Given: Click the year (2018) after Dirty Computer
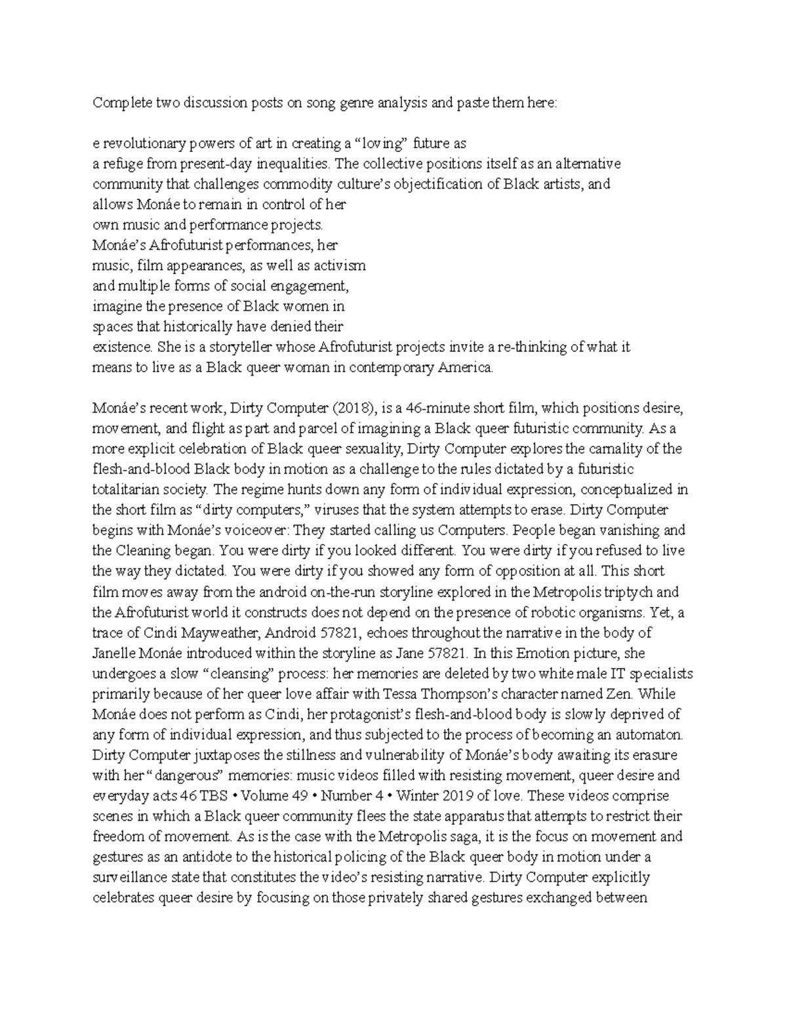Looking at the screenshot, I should [355, 408].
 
